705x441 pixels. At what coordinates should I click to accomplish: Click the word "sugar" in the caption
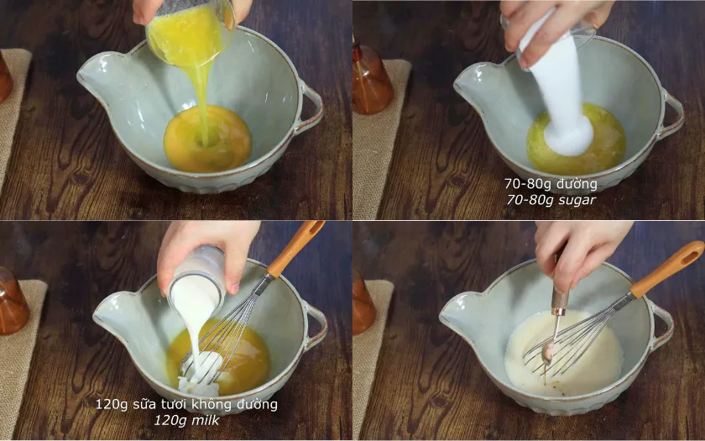point(577,200)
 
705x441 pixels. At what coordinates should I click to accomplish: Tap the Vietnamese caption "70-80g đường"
point(551,184)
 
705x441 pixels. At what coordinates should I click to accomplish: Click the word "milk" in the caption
point(206,420)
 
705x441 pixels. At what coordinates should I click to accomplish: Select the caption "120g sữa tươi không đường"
point(186,404)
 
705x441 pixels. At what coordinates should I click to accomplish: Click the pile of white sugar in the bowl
point(568,135)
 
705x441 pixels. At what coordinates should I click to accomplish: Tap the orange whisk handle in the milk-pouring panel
point(294,248)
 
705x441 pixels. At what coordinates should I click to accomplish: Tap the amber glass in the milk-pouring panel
point(13,302)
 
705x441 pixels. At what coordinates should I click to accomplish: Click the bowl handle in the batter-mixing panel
point(662,326)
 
